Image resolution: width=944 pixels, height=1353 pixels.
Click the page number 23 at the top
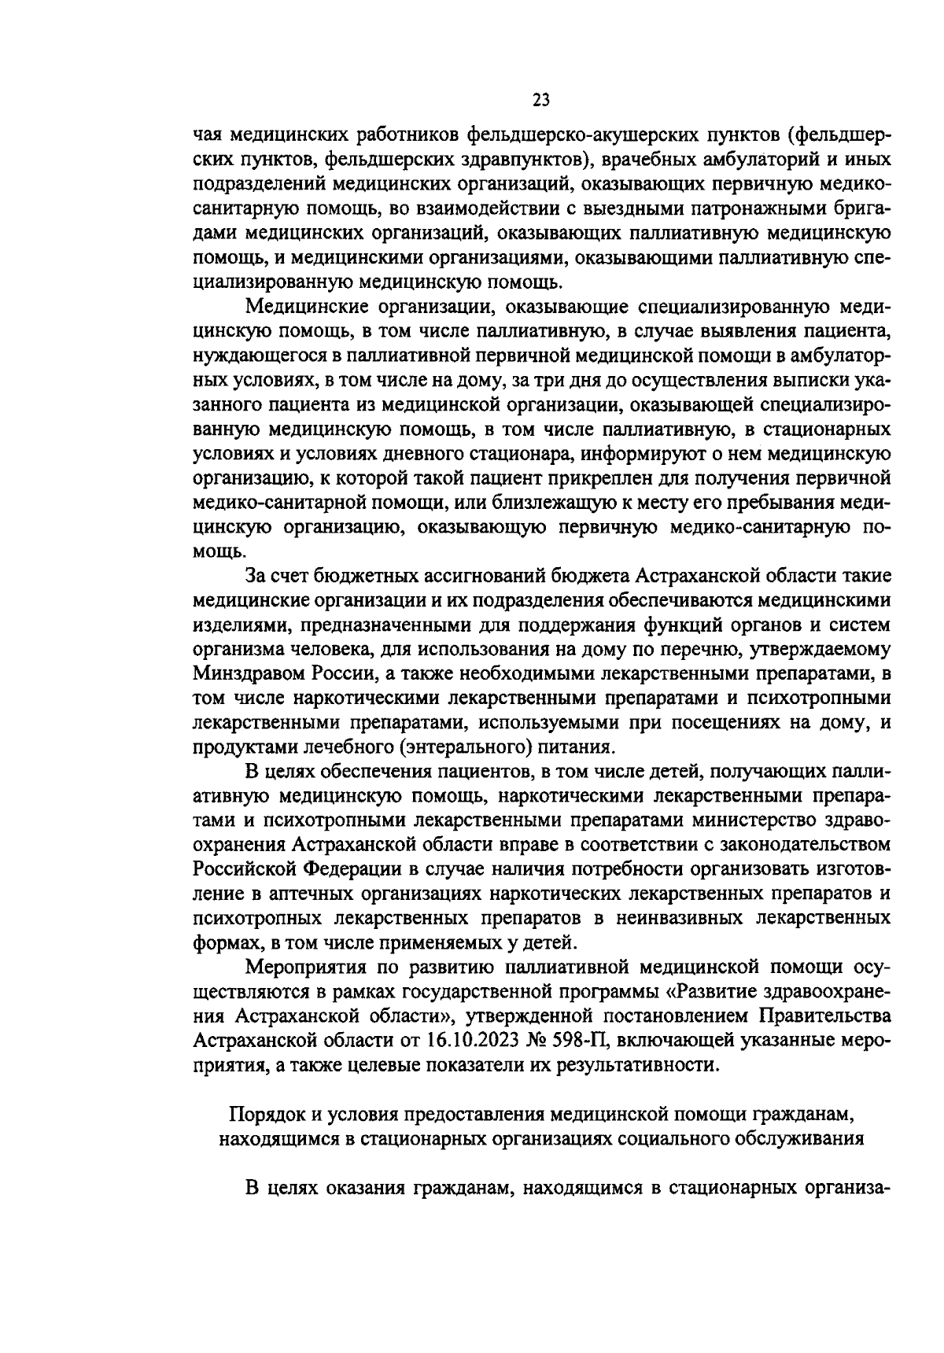541,100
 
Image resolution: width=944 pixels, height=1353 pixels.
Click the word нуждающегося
256,355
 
